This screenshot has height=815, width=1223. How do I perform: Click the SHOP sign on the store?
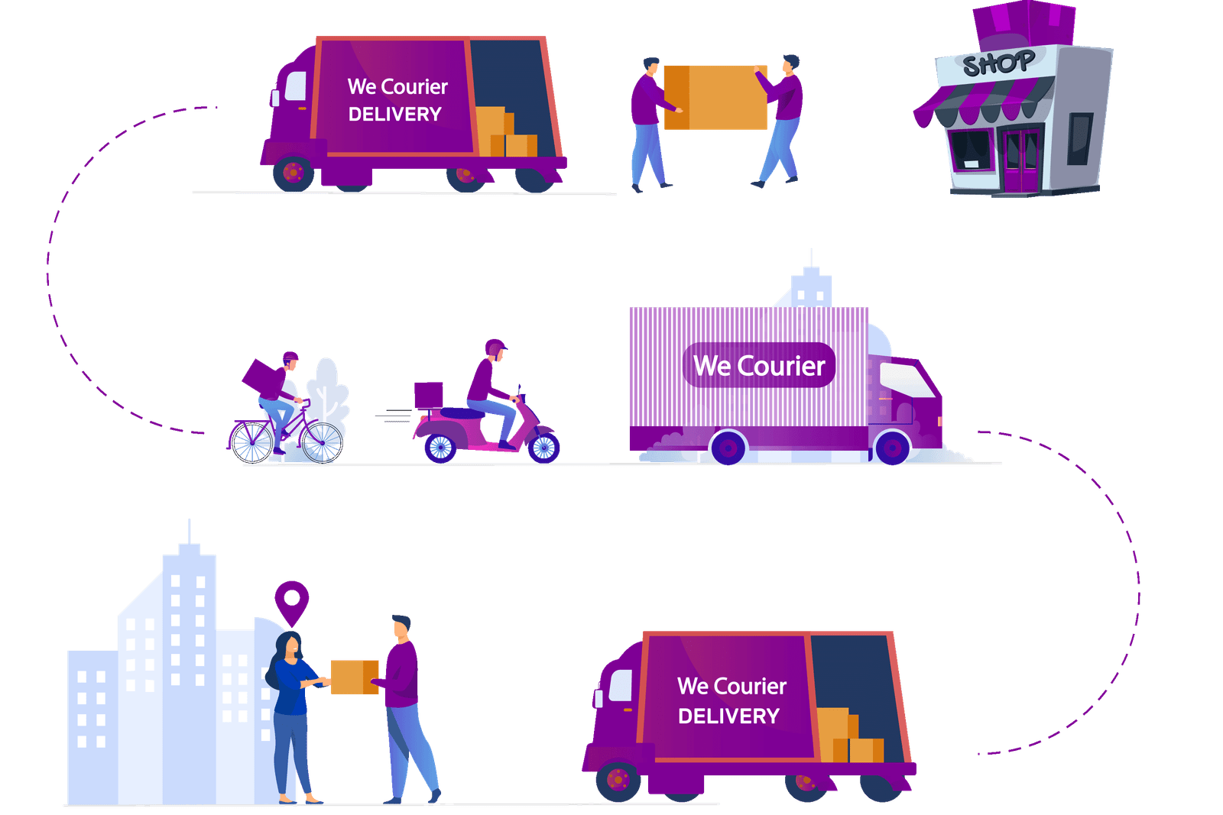998,63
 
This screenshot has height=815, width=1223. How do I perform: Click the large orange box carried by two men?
716,97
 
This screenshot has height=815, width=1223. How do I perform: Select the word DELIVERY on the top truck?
394,114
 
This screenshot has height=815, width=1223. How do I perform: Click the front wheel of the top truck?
293,173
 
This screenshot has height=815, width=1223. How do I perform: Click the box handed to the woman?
354,677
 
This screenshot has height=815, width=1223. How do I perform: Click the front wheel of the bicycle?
323,443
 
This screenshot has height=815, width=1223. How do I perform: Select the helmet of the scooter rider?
495,348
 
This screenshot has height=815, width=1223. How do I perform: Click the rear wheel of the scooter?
440,448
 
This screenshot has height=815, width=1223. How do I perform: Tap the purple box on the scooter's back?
428,395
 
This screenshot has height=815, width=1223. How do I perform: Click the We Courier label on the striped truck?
759,365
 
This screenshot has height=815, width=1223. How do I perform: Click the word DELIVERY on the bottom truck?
728,716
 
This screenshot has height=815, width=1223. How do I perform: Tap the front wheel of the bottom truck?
618,779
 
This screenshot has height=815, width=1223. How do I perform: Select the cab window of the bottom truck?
620,685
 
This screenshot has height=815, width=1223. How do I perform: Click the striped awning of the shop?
986,104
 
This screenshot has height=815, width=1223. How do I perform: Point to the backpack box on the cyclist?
264,377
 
